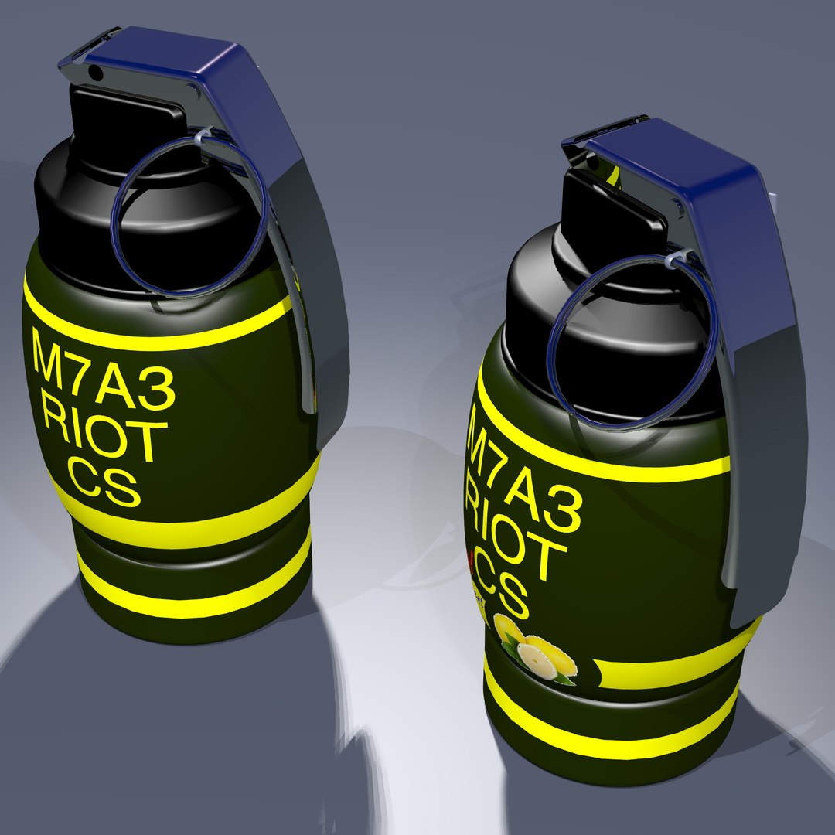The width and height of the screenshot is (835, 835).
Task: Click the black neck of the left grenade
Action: coord(85,216)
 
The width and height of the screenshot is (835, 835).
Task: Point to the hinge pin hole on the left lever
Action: coord(95,73)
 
